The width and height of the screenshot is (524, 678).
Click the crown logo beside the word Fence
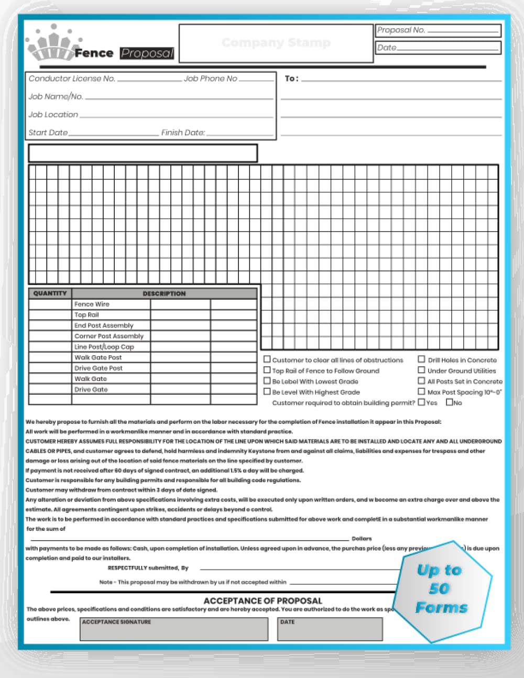coord(51,45)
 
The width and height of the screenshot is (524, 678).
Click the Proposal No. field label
coord(401,30)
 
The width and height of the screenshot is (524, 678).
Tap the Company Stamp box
coord(276,43)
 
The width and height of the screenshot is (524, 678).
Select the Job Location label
coord(53,115)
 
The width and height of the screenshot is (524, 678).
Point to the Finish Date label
coord(183,133)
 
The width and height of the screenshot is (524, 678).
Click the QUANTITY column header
coord(50,293)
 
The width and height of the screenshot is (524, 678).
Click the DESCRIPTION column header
coord(164,293)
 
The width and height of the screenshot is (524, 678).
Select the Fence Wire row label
coord(92,304)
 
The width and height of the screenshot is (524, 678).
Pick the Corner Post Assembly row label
coord(108,336)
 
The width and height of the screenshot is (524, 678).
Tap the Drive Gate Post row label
coord(98,368)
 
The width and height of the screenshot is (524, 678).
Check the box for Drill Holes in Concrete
coord(421,359)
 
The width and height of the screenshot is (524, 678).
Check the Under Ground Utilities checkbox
coord(421,370)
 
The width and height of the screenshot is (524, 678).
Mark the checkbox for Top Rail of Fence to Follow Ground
coord(267,370)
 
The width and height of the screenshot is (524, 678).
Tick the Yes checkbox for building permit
coord(421,402)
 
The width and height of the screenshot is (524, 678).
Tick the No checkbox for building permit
coord(449,402)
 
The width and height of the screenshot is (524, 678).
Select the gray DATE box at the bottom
coord(330,629)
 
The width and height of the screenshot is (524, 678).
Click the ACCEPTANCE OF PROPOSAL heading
coord(263,601)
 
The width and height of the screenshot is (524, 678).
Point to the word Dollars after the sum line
coord(362,539)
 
